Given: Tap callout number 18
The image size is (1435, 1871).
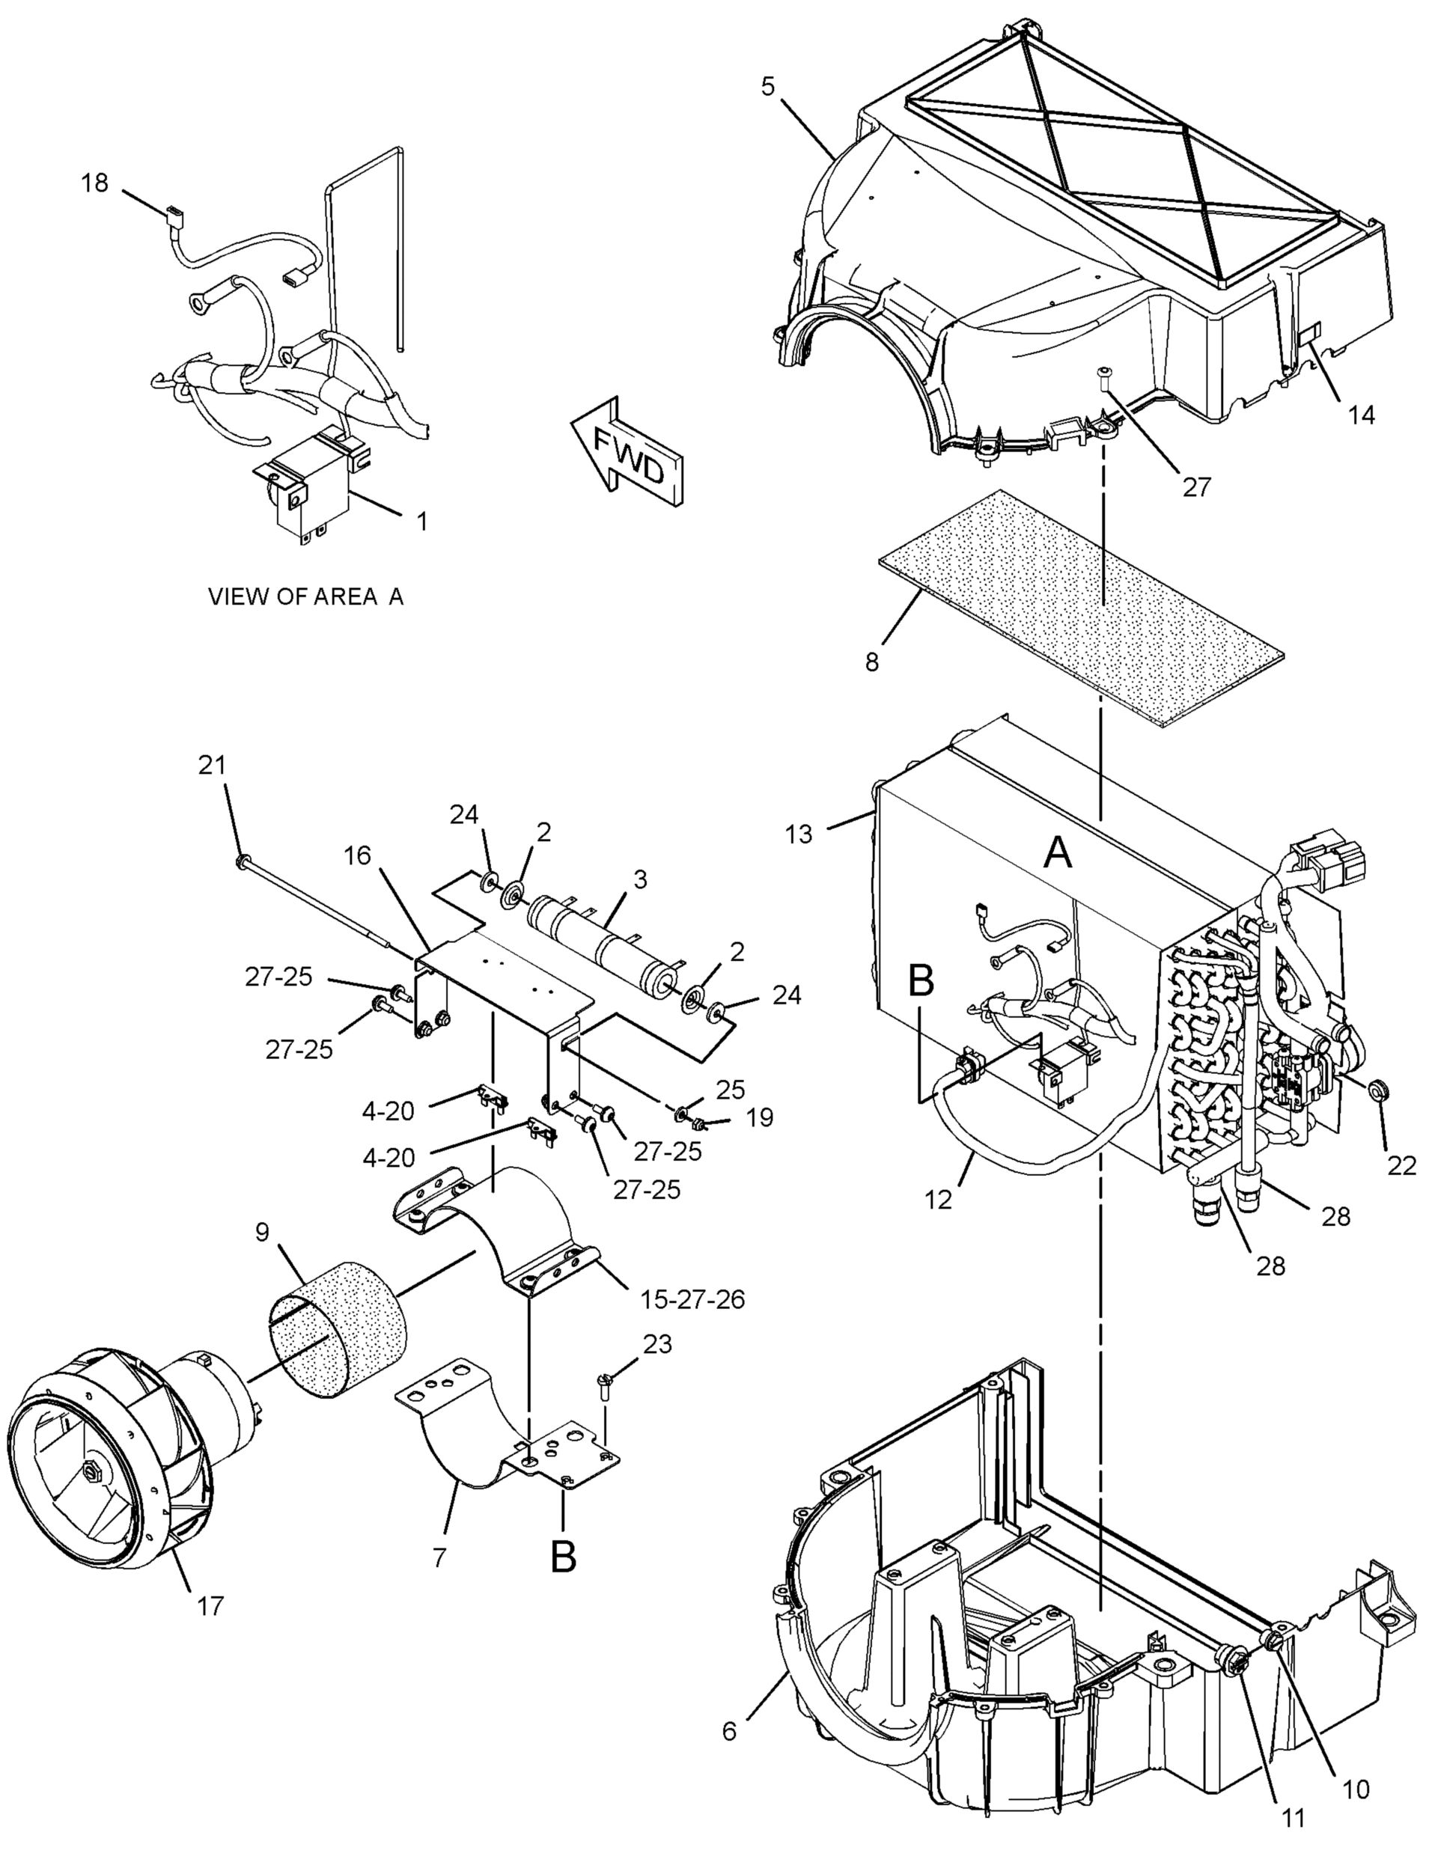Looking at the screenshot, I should click(x=95, y=183).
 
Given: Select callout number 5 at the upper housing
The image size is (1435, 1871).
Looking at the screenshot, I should click(x=768, y=86).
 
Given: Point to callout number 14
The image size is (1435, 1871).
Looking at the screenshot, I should click(x=1362, y=415).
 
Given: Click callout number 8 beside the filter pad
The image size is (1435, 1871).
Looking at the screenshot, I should click(x=871, y=662).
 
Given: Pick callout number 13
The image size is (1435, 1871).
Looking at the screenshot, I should click(x=799, y=834).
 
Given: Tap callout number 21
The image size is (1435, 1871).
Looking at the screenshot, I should click(x=212, y=765).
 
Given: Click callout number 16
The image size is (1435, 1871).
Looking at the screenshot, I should click(x=358, y=855).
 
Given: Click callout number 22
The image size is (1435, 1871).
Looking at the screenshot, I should click(x=1401, y=1166).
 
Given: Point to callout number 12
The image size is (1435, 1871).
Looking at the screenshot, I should click(x=938, y=1200).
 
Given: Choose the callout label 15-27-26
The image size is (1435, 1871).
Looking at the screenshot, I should click(x=692, y=1299).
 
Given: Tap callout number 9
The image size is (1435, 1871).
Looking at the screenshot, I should click(x=261, y=1233).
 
